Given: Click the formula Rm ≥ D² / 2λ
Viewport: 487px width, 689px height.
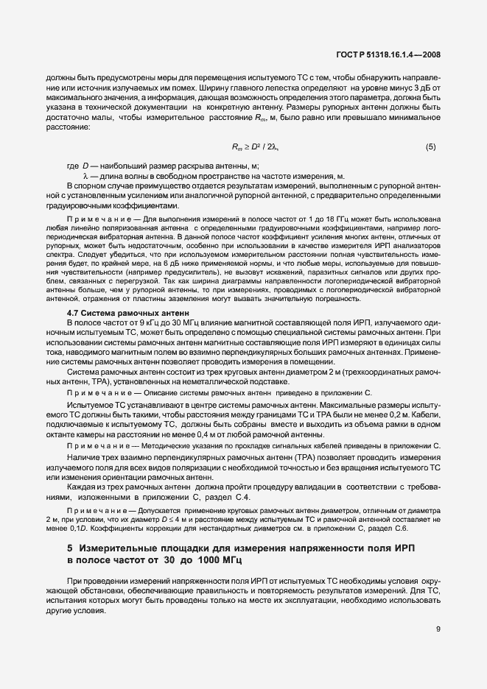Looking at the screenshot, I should [x=255, y=147].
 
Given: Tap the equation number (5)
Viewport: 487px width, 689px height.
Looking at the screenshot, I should [x=431, y=147].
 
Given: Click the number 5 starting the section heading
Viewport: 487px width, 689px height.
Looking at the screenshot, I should [x=70, y=548].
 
